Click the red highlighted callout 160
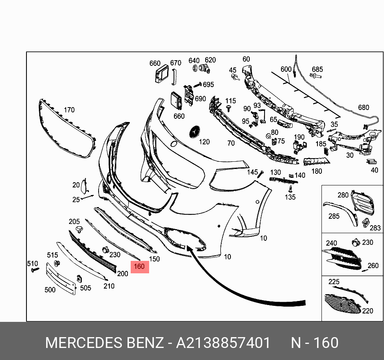140,267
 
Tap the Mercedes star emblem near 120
195,132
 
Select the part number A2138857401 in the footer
223,343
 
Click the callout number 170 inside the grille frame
69,110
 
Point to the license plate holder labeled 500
61,279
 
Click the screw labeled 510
35,270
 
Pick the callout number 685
317,69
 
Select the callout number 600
286,69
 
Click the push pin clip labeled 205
79,230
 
